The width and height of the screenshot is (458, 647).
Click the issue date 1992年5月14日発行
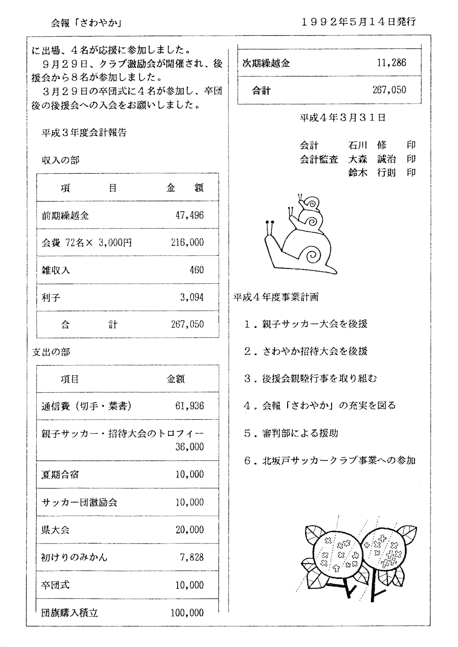pyautogui.click(x=359, y=22)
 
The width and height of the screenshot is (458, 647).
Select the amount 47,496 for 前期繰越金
pyautogui.click(x=190, y=215)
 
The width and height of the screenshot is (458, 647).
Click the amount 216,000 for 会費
pyautogui.click(x=187, y=242)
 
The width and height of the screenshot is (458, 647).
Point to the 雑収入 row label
pyautogui.click(x=55, y=270)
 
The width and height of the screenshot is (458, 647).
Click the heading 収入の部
pyautogui.click(x=60, y=160)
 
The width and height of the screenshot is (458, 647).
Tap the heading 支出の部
pyautogui.click(x=51, y=352)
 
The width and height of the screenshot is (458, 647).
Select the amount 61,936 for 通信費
pyautogui.click(x=190, y=406)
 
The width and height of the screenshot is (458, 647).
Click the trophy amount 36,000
pyautogui.click(x=190, y=447)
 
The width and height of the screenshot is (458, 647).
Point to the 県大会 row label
pyautogui.click(x=55, y=530)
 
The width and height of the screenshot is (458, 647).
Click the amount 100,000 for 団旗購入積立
pyautogui.click(x=187, y=613)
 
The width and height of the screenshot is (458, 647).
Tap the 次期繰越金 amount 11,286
pyautogui.click(x=391, y=63)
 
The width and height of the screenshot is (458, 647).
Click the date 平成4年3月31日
pyautogui.click(x=342, y=118)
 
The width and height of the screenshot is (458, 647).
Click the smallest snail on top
pyautogui.click(x=309, y=202)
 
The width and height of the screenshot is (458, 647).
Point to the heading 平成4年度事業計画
pyautogui.click(x=276, y=297)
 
